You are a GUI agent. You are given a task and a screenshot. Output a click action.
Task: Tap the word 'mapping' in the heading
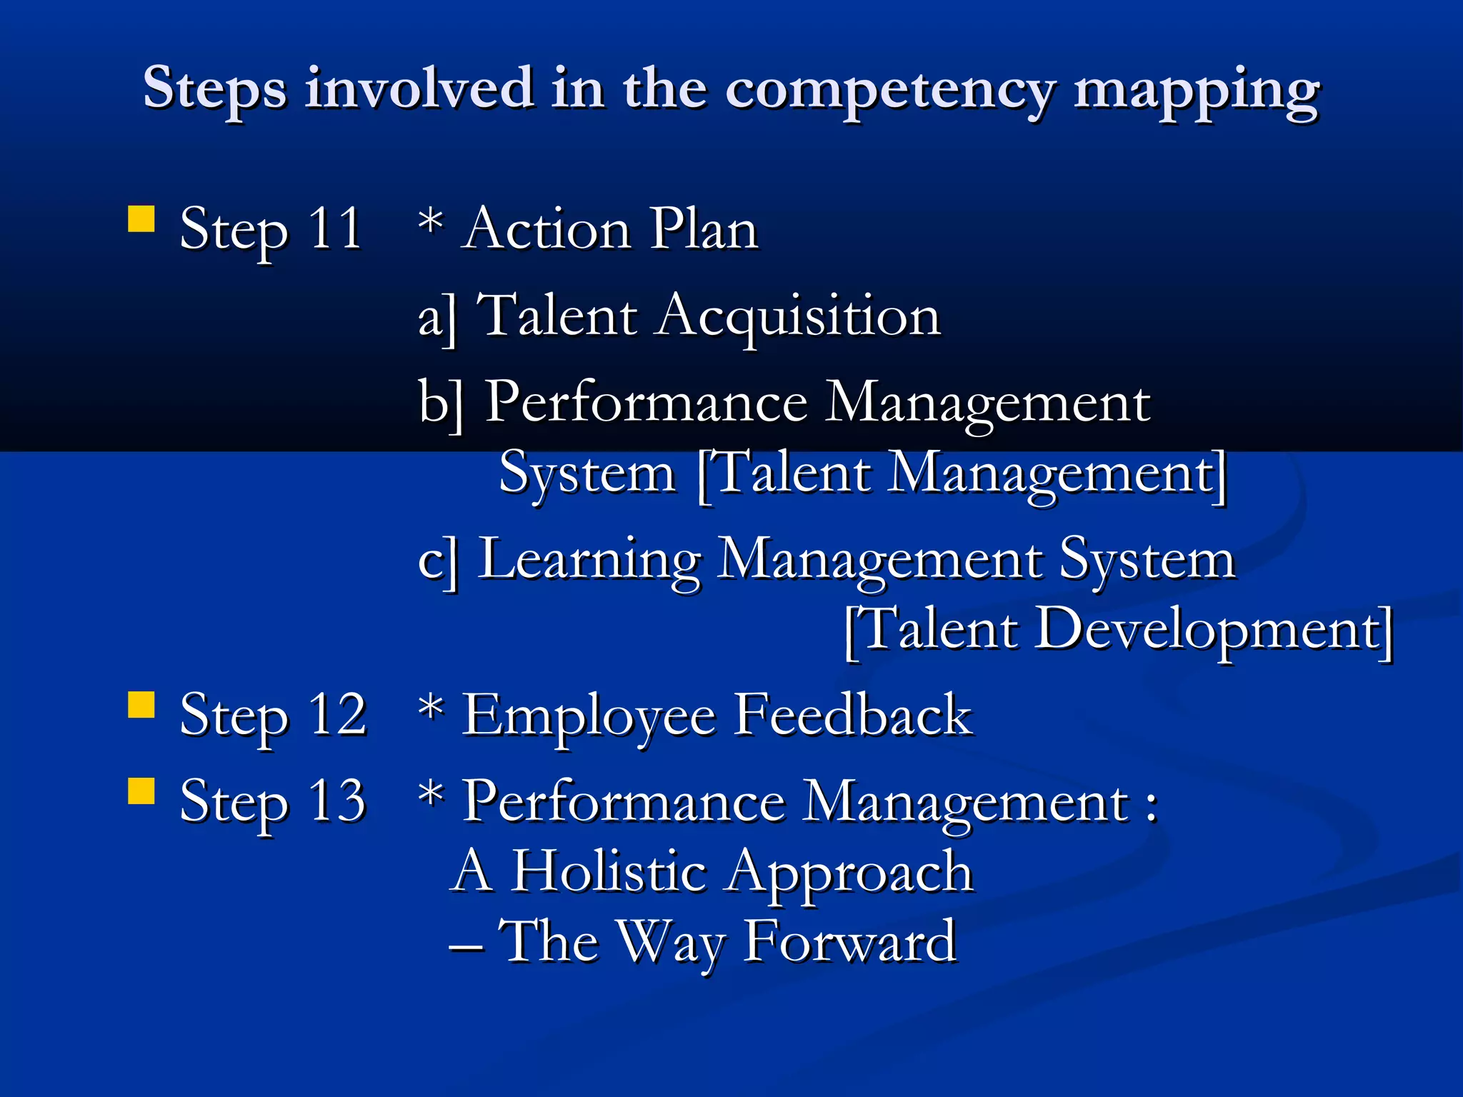[x=1197, y=91]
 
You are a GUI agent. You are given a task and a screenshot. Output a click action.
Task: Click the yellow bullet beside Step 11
[x=141, y=219]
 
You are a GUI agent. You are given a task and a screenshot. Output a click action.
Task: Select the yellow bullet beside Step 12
[x=141, y=704]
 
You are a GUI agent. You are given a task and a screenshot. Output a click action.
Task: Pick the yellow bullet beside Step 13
[x=141, y=791]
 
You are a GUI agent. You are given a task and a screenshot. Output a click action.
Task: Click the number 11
[x=334, y=229]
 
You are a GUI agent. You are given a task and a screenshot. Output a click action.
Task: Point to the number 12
[x=336, y=714]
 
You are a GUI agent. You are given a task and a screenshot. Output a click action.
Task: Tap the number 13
[x=336, y=801]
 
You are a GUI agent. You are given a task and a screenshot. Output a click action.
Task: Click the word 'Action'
[x=546, y=229]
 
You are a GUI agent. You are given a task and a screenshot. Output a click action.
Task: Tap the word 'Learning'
[x=589, y=559]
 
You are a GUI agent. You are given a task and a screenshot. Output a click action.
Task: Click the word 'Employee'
[x=589, y=716]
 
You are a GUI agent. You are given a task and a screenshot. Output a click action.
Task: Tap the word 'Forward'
[x=850, y=941]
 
